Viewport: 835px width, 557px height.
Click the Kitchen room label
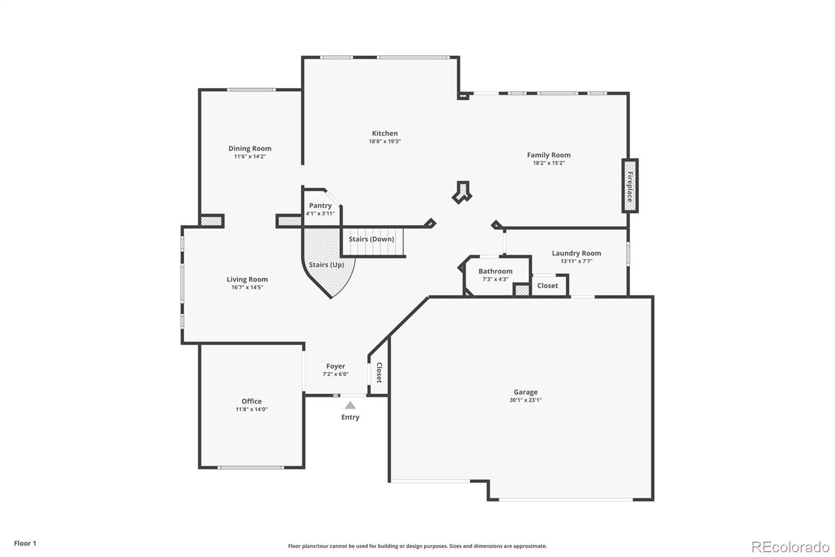click(385, 133)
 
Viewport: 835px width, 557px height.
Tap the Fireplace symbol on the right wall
click(630, 186)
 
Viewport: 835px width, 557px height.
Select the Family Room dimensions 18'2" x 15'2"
click(548, 163)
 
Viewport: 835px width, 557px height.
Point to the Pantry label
click(320, 205)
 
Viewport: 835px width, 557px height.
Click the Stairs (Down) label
click(371, 239)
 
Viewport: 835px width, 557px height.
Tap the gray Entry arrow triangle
click(350, 405)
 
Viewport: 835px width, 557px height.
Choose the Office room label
click(252, 401)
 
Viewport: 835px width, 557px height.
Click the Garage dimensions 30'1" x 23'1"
click(526, 400)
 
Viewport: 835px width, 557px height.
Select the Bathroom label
click(495, 271)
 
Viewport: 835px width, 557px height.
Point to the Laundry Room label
click(576, 253)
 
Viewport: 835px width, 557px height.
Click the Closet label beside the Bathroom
click(547, 286)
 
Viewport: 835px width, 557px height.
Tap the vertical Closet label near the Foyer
click(379, 373)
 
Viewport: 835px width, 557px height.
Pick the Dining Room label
click(250, 148)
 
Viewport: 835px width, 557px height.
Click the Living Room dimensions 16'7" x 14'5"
click(247, 287)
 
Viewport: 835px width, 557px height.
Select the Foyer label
click(336, 366)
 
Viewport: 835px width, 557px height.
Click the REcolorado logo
click(790, 547)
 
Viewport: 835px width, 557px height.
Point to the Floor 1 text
click(25, 543)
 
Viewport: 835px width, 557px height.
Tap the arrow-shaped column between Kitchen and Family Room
click(462, 192)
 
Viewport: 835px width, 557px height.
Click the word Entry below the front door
click(350, 417)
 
